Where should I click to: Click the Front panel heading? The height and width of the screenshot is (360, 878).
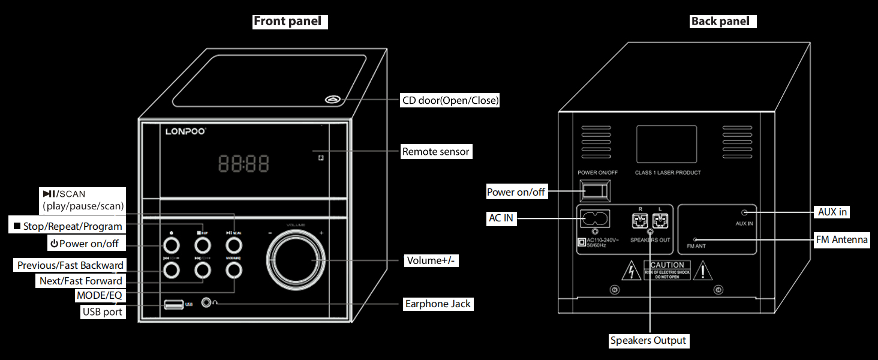pyautogui.click(x=290, y=22)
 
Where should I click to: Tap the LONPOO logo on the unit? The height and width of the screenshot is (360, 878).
pyautogui.click(x=185, y=130)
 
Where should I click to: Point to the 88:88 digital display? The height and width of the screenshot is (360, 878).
pyautogui.click(x=243, y=163)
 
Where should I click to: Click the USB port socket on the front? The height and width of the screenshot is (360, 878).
pyautogui.click(x=174, y=304)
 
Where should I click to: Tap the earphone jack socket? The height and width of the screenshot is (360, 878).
pyautogui.click(x=208, y=304)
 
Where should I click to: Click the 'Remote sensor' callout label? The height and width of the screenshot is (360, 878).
pyautogui.click(x=436, y=152)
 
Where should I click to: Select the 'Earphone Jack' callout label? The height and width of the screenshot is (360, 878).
pyautogui.click(x=438, y=304)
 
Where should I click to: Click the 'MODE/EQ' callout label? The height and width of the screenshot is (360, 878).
pyautogui.click(x=100, y=296)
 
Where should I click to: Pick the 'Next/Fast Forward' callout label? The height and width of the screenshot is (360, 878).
pyautogui.click(x=81, y=281)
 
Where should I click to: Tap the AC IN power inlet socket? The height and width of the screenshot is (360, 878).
pyautogui.click(x=593, y=217)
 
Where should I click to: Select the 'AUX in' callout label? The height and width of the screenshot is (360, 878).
pyautogui.click(x=833, y=212)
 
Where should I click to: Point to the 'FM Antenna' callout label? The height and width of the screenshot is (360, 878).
pyautogui.click(x=841, y=240)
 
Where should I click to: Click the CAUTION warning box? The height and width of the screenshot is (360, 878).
pyautogui.click(x=667, y=269)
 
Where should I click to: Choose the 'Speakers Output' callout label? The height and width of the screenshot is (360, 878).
pyautogui.click(x=648, y=341)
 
